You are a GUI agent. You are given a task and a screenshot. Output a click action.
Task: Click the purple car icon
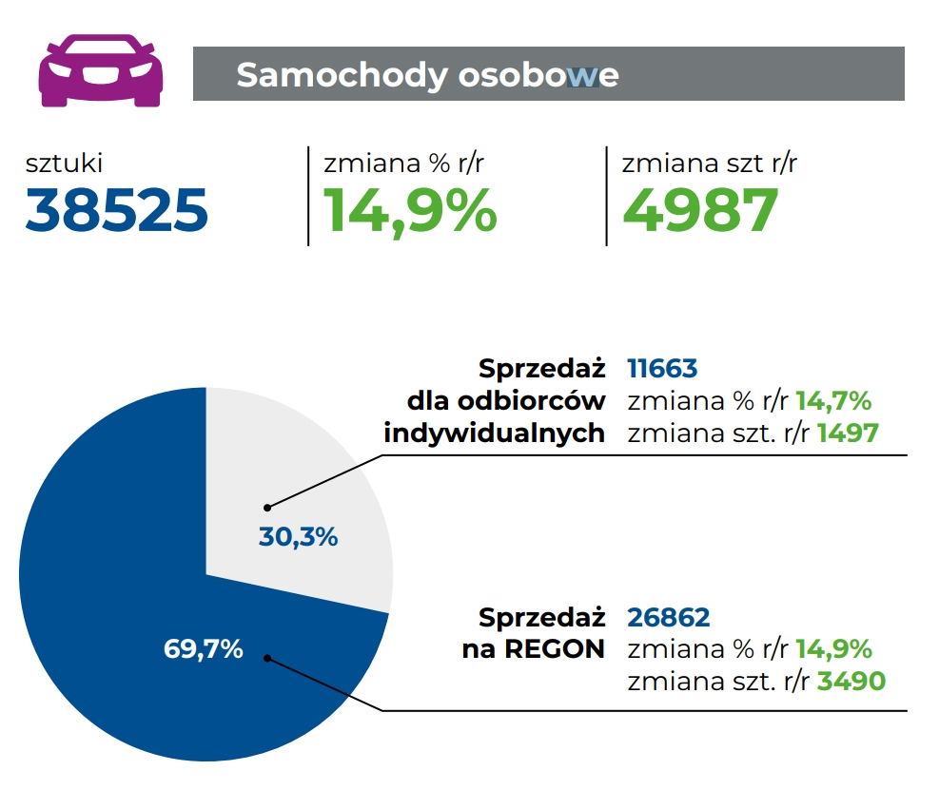coord(100,71)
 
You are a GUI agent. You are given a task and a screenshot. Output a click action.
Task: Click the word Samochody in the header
coord(340,74)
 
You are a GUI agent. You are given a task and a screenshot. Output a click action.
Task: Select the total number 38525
coord(117,210)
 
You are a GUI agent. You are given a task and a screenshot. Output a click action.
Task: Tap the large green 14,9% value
coord(410,210)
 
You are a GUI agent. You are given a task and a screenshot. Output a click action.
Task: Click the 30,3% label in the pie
coord(298,537)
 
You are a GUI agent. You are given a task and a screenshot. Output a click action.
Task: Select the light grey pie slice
coord(314,475)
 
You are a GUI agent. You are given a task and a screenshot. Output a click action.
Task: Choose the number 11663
coord(662,369)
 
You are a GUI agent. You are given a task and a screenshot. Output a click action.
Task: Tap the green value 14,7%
coord(833,401)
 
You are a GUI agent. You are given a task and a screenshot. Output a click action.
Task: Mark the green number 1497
coord(847,433)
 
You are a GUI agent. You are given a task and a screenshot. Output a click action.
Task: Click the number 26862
coord(669,618)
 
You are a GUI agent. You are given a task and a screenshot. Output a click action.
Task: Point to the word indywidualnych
coord(495,433)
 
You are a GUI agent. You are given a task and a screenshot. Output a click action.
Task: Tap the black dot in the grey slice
coord(268,507)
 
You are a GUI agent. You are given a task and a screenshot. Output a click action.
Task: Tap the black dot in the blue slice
coord(268,657)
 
